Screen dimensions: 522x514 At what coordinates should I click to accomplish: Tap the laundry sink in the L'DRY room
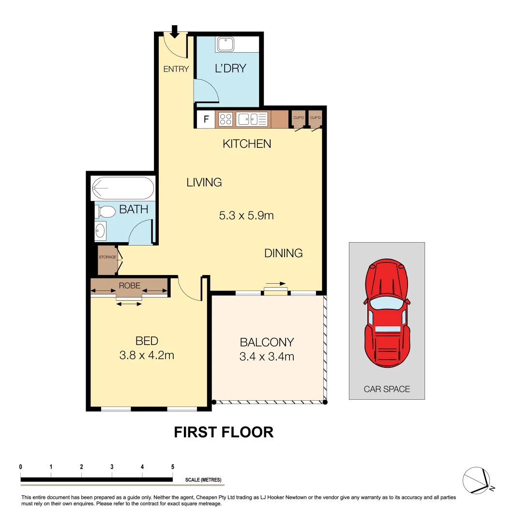pos(226,45)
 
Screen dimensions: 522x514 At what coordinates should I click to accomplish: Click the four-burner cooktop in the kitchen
pos(226,119)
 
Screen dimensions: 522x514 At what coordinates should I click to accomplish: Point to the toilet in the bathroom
pos(105,211)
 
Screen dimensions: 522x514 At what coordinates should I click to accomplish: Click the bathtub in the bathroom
pos(122,188)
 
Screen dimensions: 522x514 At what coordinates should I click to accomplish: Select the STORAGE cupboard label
pos(107,257)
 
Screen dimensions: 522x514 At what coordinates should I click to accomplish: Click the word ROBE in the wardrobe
pos(129,285)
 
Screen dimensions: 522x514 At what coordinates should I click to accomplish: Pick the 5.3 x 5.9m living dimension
pos(246,216)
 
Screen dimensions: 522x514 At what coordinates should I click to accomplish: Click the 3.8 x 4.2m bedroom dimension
pos(147,356)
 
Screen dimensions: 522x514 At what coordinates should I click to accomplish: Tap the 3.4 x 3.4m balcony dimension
pos(267,357)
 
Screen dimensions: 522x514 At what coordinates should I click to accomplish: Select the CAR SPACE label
pos(387,389)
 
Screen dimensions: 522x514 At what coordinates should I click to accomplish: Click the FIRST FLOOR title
pos(224,432)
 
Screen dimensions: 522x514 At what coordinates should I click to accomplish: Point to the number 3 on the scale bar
pos(112,467)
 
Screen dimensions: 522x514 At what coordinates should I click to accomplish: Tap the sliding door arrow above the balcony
pos(276,284)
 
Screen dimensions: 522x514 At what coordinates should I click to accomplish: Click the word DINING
pos(283,253)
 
